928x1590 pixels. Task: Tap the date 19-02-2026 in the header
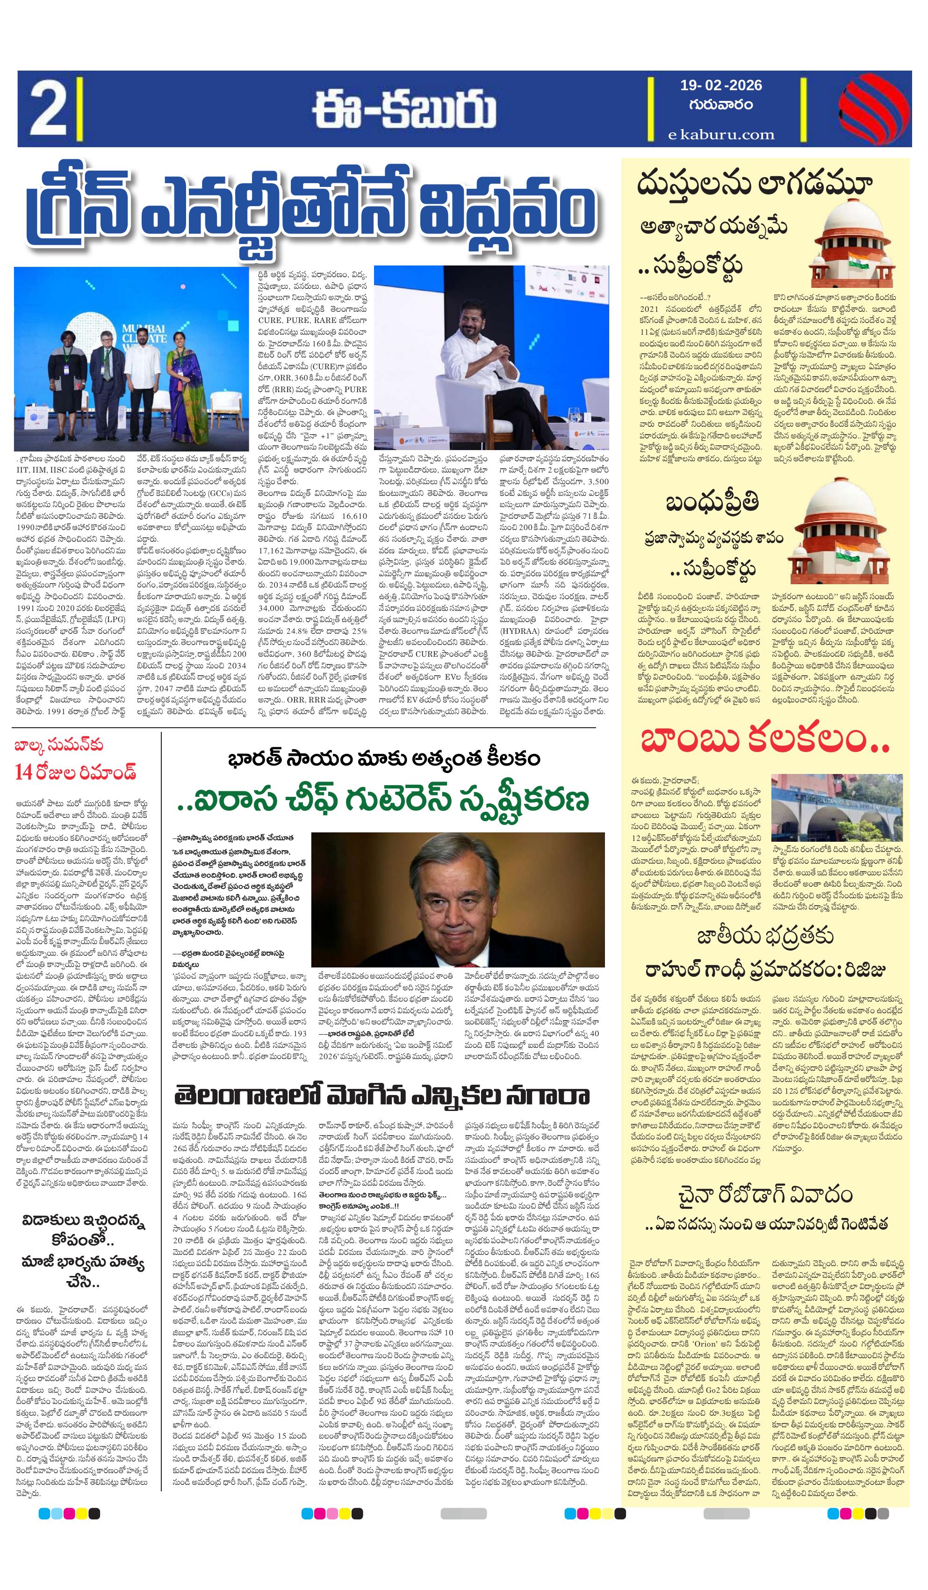(x=720, y=85)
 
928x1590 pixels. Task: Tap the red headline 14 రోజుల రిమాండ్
(x=75, y=772)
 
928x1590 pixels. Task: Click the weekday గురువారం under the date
(x=720, y=105)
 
